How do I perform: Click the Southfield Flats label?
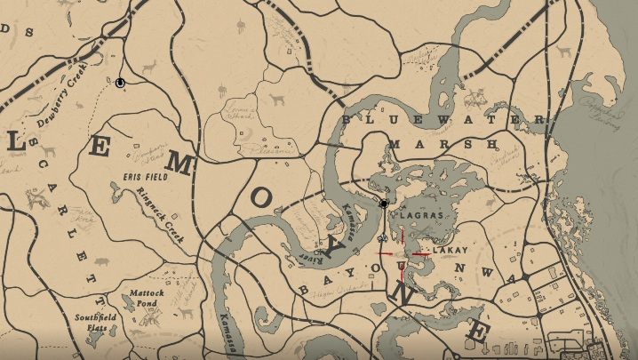click(x=92, y=321)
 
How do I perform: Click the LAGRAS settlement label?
click(x=415, y=216)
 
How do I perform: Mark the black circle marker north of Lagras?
click(x=384, y=204)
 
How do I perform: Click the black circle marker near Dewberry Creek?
click(x=120, y=83)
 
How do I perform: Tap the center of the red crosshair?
click(x=403, y=253)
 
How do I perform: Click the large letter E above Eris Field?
click(x=100, y=148)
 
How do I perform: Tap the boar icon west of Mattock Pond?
click(x=100, y=262)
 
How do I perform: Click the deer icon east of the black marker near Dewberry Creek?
click(x=148, y=68)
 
